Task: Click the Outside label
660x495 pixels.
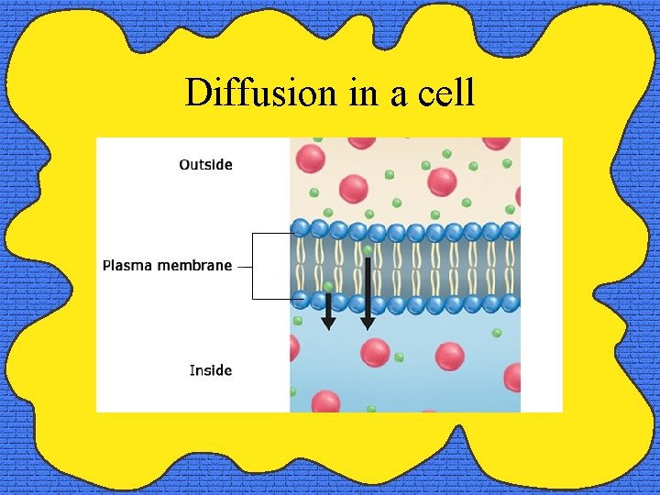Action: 205,165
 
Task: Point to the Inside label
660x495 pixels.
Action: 210,370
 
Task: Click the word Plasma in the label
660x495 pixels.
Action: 127,266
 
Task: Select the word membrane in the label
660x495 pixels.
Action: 194,266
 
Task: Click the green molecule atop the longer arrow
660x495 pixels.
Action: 368,250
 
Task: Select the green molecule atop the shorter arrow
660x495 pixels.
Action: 328,287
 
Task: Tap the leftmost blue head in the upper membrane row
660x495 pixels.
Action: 301,228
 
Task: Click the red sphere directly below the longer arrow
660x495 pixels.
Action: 375,353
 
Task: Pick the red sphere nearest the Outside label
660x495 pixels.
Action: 311,159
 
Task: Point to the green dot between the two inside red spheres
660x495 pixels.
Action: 400,357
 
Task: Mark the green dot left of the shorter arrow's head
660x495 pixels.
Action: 298,321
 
